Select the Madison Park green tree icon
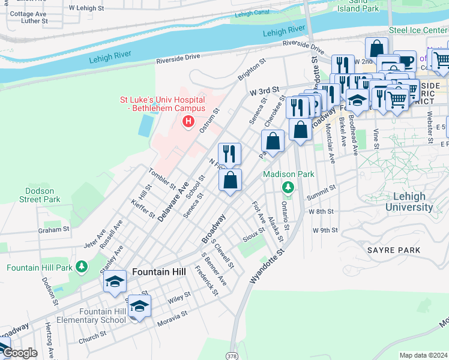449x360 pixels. (x=288, y=188)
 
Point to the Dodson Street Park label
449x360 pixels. (x=40, y=194)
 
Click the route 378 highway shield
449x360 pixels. (x=232, y=356)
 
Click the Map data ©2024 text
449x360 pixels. (x=423, y=355)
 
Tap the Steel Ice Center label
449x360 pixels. (x=418, y=29)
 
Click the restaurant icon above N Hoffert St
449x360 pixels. (x=229, y=154)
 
